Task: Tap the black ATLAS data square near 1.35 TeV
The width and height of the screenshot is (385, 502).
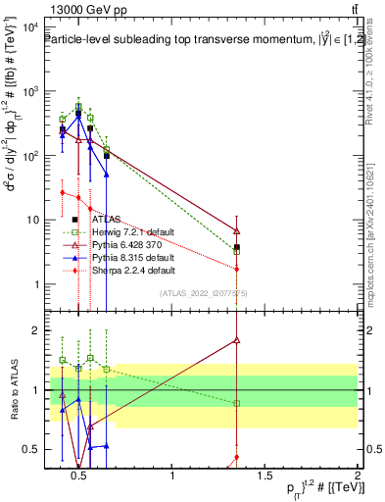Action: [x=237, y=248]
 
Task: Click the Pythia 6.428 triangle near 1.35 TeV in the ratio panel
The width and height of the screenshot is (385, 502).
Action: [x=237, y=340]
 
